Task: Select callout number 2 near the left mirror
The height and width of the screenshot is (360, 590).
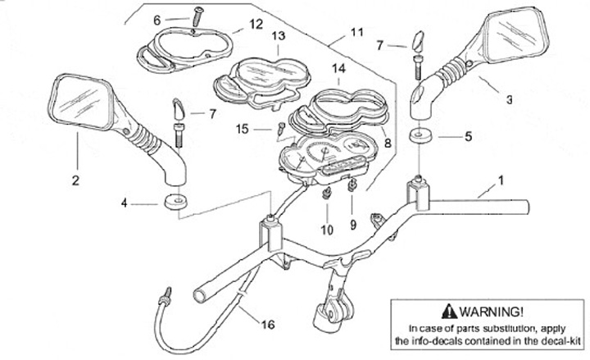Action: (x=75, y=180)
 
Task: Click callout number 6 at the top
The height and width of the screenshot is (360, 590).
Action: (x=157, y=19)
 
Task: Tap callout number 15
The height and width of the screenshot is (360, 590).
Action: (x=242, y=129)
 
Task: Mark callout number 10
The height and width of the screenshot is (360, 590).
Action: (x=327, y=230)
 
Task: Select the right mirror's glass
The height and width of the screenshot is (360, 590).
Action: (x=511, y=39)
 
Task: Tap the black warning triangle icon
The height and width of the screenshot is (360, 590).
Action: (x=445, y=312)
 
